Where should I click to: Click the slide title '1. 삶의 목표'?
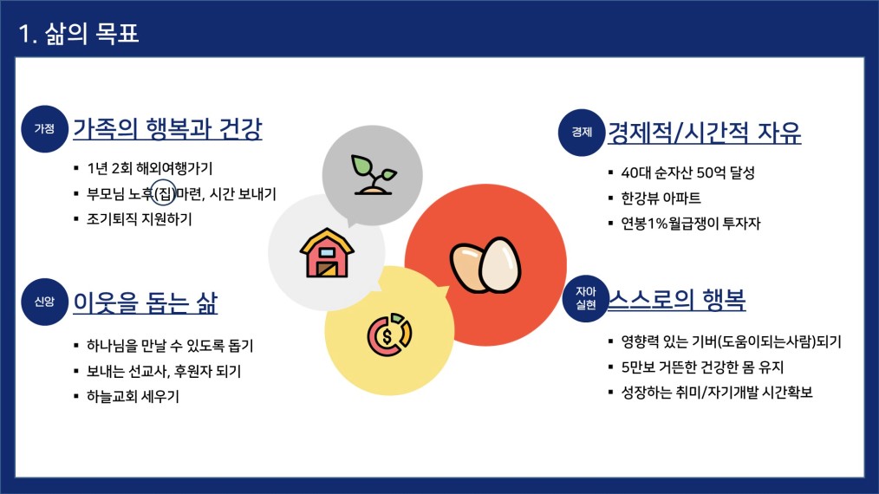pyautogui.click(x=79, y=33)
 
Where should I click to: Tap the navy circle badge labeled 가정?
pyautogui.click(x=44, y=129)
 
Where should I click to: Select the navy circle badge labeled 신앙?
pyautogui.click(x=44, y=302)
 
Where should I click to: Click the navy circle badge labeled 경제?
pyautogui.click(x=582, y=133)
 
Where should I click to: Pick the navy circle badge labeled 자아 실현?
pyautogui.click(x=586, y=298)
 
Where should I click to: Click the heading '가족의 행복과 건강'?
pyautogui.click(x=167, y=129)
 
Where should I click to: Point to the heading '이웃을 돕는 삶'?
pyautogui.click(x=145, y=302)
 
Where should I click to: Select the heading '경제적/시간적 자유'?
pyautogui.click(x=705, y=133)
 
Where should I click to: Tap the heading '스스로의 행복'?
pyautogui.click(x=677, y=299)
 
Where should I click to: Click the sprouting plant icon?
pyautogui.click(x=373, y=174)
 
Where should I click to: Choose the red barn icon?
pyautogui.click(x=327, y=253)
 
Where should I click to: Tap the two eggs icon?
pyautogui.click(x=485, y=265)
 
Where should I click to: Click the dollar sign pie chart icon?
pyautogui.click(x=389, y=335)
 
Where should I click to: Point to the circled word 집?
pyautogui.click(x=164, y=194)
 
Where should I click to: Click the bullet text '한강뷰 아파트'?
pyautogui.click(x=661, y=198)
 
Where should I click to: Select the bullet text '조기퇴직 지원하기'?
pyautogui.click(x=139, y=219)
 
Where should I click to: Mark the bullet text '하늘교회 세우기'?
pyautogui.click(x=133, y=396)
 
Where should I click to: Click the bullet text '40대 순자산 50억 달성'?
pyautogui.click(x=687, y=172)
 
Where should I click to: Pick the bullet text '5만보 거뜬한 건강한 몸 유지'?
pyautogui.click(x=702, y=367)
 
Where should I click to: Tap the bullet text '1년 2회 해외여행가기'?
pyautogui.click(x=150, y=168)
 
